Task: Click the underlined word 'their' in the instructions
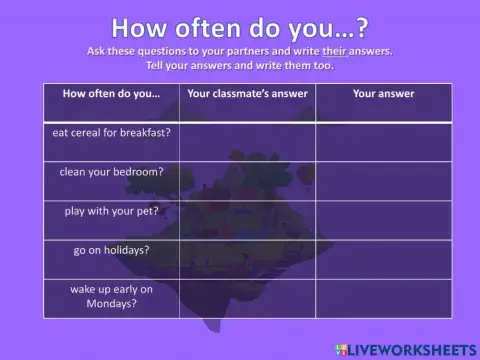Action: pos(335,50)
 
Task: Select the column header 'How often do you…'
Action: pos(111,94)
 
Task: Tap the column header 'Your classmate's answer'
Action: pos(248,94)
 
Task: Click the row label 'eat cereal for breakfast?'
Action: pos(111,131)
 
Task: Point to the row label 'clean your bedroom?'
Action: pos(111,171)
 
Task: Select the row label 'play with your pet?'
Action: pos(111,211)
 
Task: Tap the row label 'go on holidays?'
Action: pos(111,250)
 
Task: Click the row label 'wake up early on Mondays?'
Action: pos(111,296)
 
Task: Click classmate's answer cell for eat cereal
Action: pos(248,141)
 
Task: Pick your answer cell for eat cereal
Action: pos(383,141)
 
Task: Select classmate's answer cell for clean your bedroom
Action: pos(248,181)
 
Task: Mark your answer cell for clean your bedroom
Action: pos(383,181)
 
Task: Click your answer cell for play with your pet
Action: pos(383,220)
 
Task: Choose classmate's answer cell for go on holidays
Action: pos(248,259)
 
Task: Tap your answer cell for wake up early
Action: pos(383,298)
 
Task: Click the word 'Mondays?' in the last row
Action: pos(111,303)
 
